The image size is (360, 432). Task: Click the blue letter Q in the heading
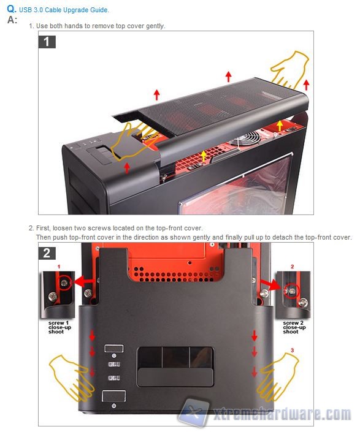11,9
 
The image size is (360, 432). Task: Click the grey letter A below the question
11,20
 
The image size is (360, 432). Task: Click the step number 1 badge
47,42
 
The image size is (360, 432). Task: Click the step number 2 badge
47,253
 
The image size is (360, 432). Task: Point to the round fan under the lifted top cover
247,138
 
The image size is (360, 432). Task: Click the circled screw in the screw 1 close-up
65,282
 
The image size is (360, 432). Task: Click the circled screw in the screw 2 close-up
293,291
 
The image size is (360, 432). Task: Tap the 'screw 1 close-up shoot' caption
59,327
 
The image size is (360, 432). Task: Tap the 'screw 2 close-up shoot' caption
294,327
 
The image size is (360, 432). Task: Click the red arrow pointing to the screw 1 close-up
84,282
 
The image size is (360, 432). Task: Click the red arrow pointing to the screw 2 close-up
270,284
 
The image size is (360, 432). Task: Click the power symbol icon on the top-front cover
113,406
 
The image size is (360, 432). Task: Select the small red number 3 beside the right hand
292,350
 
